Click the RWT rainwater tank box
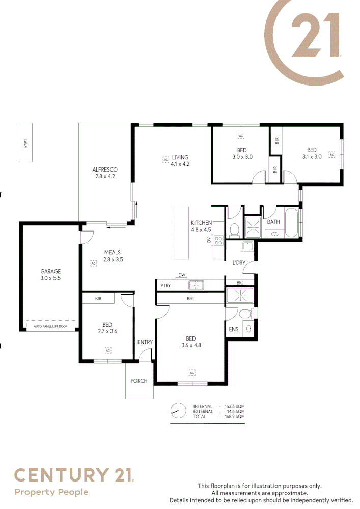click(x=25, y=142)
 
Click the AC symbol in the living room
click(x=165, y=160)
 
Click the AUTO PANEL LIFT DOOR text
click(x=50, y=326)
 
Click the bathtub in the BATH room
click(x=291, y=222)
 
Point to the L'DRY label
click(x=239, y=263)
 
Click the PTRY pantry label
click(x=164, y=286)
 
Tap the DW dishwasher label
click(x=181, y=275)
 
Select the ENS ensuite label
click(x=233, y=329)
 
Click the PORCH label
click(x=139, y=381)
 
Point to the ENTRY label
click(x=145, y=342)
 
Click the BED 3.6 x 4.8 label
click(x=190, y=342)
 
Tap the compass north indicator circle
click(x=178, y=411)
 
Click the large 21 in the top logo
click(x=316, y=37)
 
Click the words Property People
click(x=51, y=492)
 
